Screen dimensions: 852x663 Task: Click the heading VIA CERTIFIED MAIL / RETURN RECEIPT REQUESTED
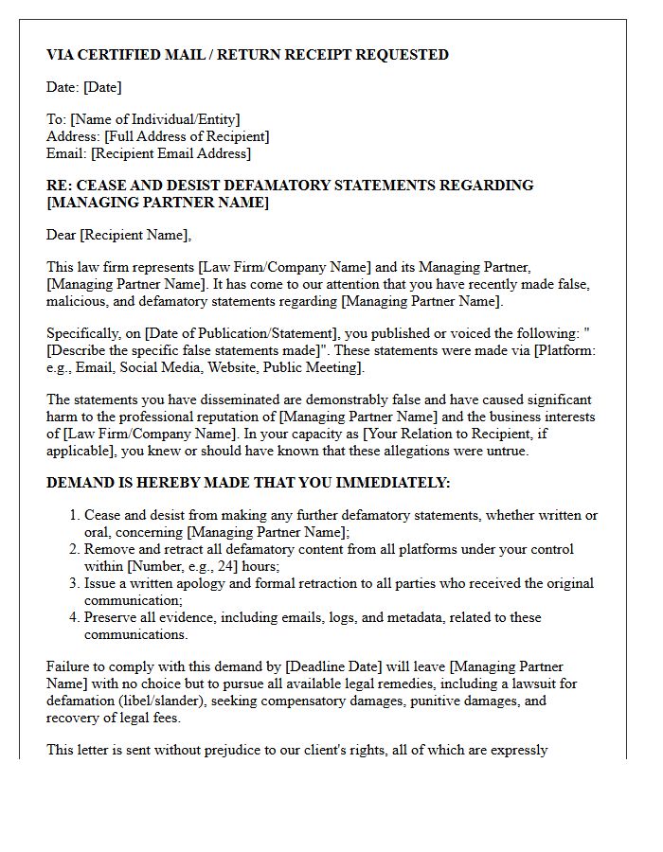point(247,55)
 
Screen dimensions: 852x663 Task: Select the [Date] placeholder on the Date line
point(102,87)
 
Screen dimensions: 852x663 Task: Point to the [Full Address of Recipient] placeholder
point(187,136)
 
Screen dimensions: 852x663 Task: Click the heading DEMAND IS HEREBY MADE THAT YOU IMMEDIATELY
point(248,483)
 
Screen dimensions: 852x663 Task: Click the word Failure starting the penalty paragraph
point(69,666)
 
